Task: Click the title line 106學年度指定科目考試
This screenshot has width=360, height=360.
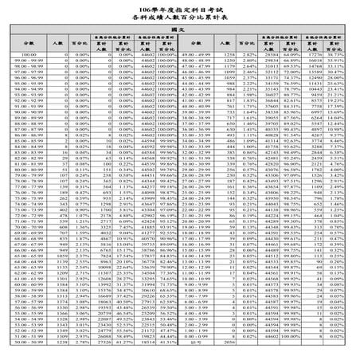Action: click(x=179, y=6)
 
